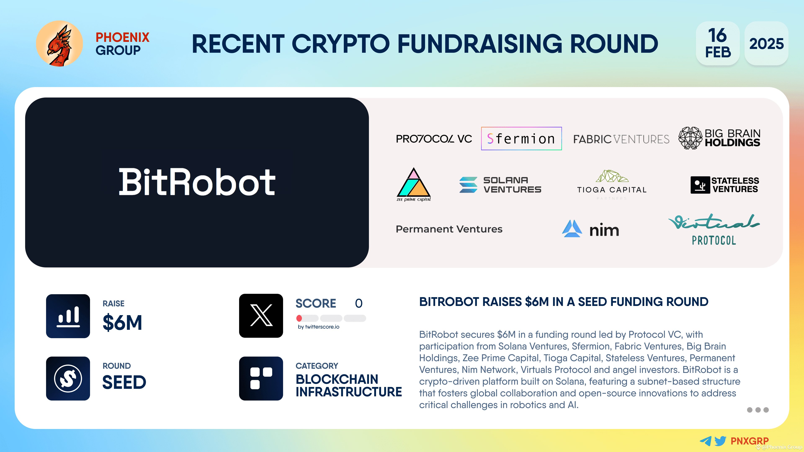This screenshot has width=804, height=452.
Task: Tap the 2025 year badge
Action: [x=766, y=43]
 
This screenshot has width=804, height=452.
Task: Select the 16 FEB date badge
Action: [x=718, y=43]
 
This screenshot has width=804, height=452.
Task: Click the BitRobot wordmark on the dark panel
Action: [x=197, y=182]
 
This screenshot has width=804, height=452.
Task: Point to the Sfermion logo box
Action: [x=521, y=139]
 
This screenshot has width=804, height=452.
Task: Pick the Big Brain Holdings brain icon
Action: [x=690, y=138]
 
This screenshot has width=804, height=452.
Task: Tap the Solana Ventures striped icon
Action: [x=468, y=185]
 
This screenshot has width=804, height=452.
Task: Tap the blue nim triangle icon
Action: [x=572, y=229]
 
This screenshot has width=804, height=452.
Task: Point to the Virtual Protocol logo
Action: [x=714, y=229]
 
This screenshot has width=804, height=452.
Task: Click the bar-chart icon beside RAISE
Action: [x=68, y=316]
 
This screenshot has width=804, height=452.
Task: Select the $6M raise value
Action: [x=122, y=322]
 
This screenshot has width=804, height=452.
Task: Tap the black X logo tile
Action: [x=261, y=316]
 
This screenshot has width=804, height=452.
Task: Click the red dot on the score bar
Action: [x=299, y=318]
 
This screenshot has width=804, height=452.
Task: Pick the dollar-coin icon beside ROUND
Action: [x=68, y=378]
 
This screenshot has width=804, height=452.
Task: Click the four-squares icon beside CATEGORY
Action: [x=261, y=378]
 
